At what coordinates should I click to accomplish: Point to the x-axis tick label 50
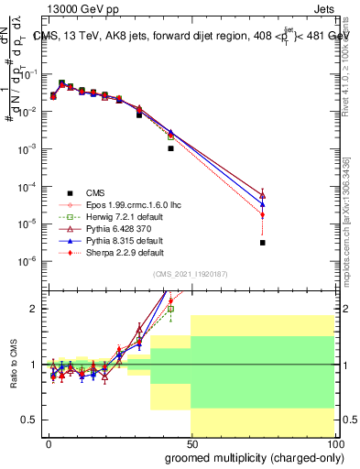pyautogui.click(x=191, y=442)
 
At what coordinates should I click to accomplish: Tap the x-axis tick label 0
pyautogui.click(x=48, y=442)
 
